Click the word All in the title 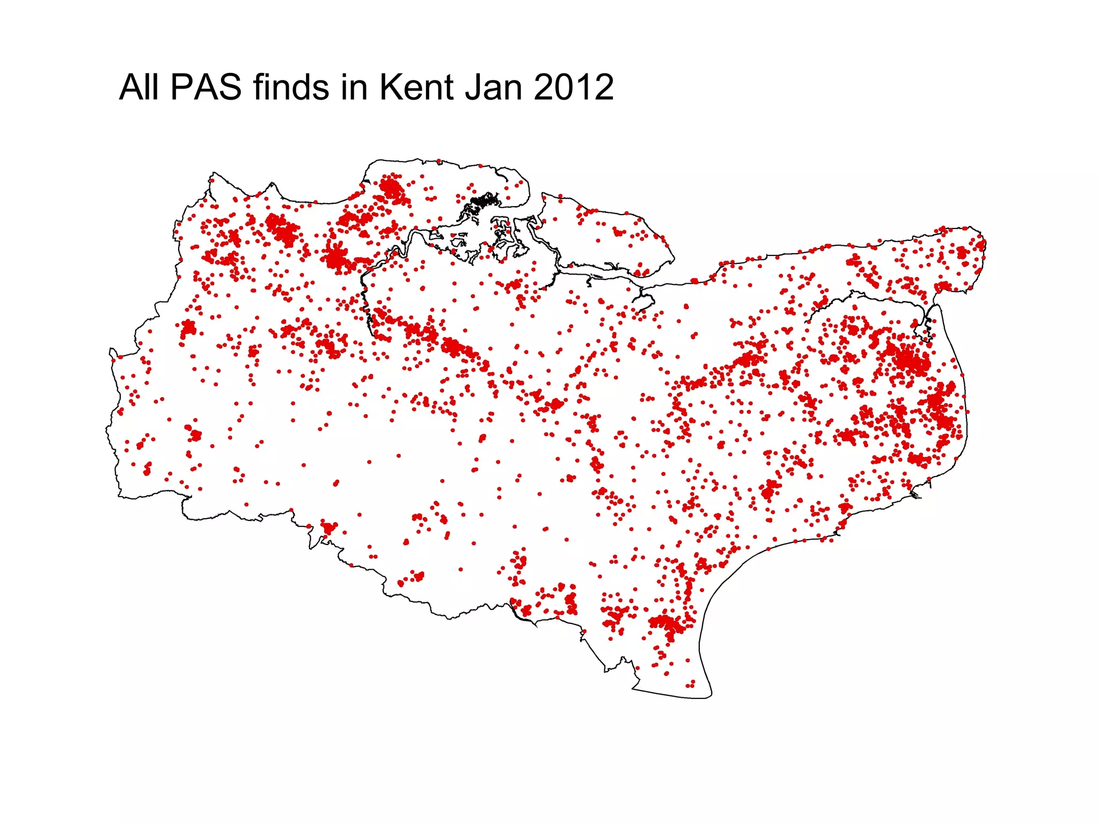tap(140, 87)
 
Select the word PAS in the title tap(206, 87)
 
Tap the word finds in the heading tap(291, 87)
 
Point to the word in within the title tap(354, 87)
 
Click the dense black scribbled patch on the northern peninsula tap(481, 202)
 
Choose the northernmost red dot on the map tap(438, 161)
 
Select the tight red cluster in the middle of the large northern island tap(619, 232)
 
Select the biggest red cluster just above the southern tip tap(666, 624)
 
